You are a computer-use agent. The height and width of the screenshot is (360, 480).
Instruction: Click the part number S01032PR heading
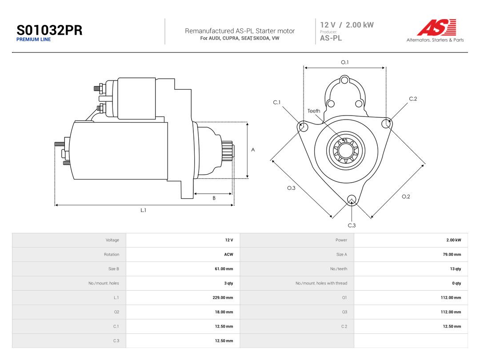click(x=49, y=30)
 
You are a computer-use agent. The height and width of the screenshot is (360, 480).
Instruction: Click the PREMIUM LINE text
click(x=33, y=40)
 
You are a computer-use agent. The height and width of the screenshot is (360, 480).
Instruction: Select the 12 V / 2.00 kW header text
click(x=347, y=25)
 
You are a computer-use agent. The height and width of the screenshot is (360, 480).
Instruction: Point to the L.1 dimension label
click(x=143, y=210)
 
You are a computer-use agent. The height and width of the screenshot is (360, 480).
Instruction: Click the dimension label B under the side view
click(x=214, y=198)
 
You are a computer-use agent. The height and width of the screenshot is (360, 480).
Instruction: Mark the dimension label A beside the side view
click(x=253, y=150)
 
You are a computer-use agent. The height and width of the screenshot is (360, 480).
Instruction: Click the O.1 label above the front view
click(x=345, y=62)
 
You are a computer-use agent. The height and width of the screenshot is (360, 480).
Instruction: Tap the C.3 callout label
click(x=352, y=225)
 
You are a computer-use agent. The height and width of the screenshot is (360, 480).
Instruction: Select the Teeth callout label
click(x=314, y=111)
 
